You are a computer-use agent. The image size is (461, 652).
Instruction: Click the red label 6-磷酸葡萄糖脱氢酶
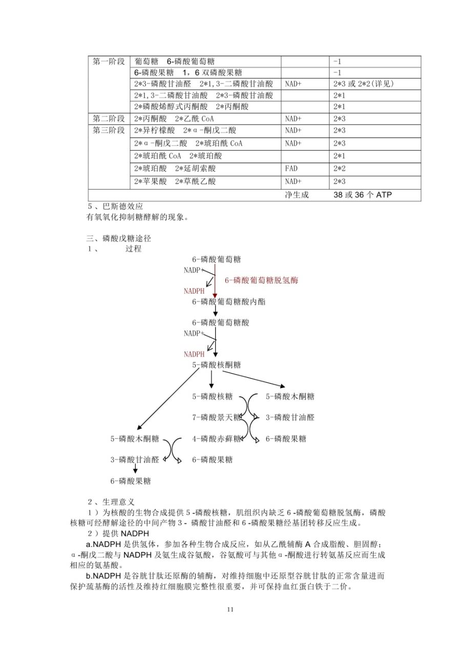tap(261, 280)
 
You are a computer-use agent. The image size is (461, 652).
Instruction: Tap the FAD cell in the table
tap(291, 168)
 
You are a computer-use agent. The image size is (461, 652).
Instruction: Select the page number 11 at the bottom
tap(230, 609)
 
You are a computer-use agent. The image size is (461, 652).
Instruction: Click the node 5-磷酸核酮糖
tap(216, 365)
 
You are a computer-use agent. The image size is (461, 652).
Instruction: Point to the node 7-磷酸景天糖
tap(216, 417)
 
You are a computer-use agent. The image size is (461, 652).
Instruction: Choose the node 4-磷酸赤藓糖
tap(216, 439)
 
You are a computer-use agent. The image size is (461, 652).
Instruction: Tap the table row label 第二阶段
tap(109, 118)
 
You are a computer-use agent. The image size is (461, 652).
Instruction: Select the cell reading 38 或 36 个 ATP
tap(363, 195)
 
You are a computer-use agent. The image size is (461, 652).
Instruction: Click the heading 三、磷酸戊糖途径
tap(119, 238)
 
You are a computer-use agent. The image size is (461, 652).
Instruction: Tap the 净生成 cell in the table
tap(297, 195)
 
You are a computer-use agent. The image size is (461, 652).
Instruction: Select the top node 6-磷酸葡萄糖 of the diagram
tap(216, 259)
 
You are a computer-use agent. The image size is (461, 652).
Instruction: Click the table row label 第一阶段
tap(109, 62)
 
